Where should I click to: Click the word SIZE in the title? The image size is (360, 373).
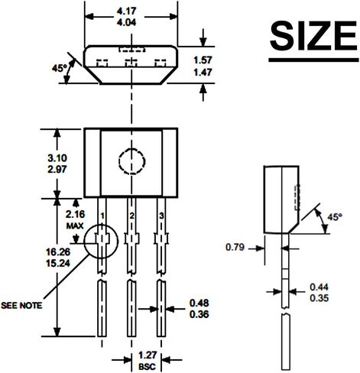(x=313, y=36)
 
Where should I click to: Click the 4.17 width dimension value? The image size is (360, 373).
(x=127, y=11)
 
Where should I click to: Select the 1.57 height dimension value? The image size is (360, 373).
(x=203, y=60)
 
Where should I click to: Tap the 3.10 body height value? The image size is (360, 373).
(x=57, y=158)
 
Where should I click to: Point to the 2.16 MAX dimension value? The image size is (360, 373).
(x=75, y=214)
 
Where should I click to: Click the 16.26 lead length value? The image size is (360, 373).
(x=58, y=252)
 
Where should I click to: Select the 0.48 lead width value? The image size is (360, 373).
(x=199, y=303)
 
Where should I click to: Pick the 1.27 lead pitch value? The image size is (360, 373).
(x=148, y=355)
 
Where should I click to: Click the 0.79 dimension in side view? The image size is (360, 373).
(x=235, y=247)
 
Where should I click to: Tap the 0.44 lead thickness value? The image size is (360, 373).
(x=319, y=287)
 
